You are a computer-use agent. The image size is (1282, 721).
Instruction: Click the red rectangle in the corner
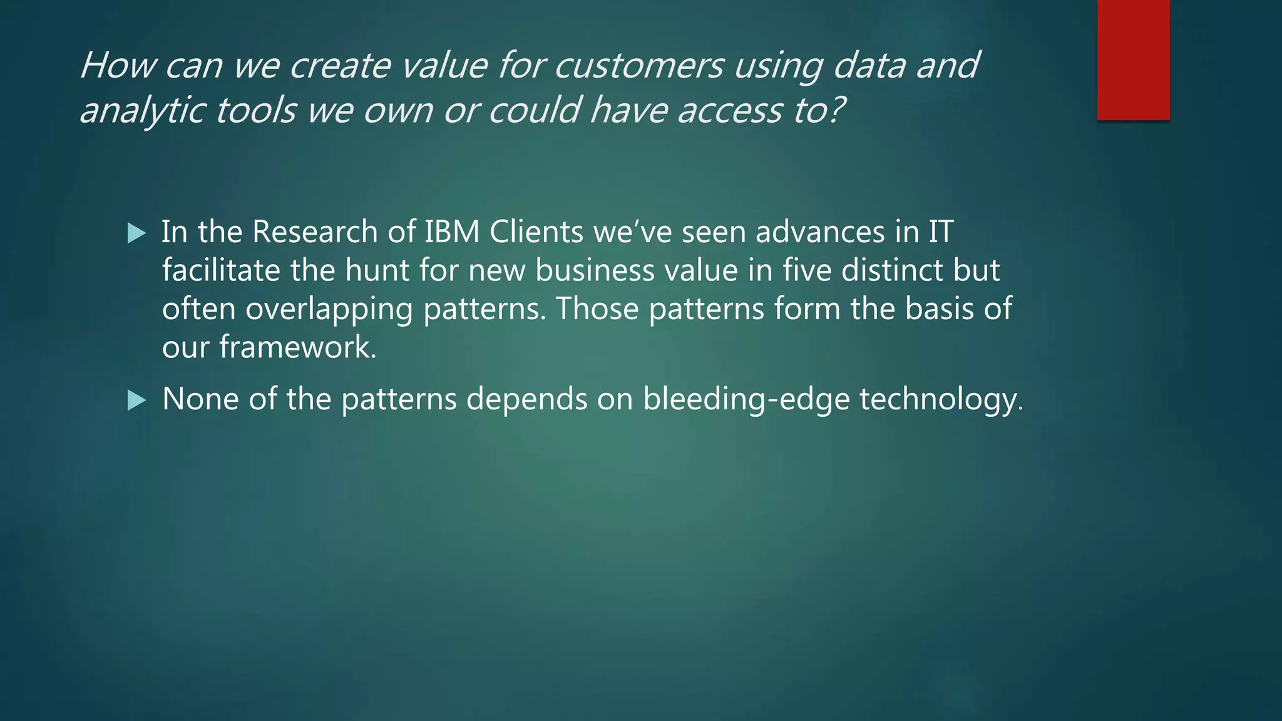point(1133,59)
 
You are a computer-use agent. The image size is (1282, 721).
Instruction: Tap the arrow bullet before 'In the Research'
point(136,233)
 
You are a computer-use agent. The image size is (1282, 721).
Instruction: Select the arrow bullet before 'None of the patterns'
point(136,400)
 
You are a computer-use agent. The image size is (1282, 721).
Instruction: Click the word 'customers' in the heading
point(638,65)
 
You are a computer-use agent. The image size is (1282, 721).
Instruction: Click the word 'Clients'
point(536,232)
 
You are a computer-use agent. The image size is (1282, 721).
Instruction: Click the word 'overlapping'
point(329,310)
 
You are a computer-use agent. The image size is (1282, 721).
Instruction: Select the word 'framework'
point(297,347)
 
